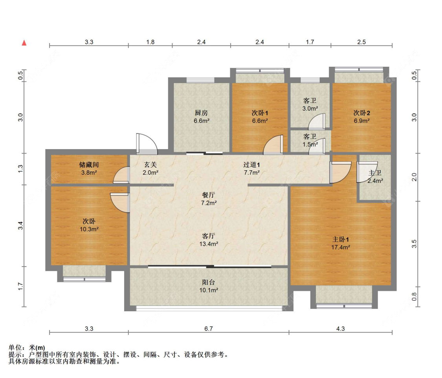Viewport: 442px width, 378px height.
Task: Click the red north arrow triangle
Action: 24,43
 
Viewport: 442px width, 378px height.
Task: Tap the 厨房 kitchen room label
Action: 201,113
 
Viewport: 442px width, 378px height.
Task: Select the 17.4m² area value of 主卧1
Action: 341,247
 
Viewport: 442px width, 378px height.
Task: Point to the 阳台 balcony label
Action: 209,282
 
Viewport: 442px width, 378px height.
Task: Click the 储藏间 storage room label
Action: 89,164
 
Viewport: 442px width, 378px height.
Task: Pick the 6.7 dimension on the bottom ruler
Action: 209,329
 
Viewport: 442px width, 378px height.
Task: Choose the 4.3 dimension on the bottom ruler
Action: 341,329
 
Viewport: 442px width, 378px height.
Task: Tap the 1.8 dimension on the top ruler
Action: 150,42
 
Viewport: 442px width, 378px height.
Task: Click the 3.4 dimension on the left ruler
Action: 20,226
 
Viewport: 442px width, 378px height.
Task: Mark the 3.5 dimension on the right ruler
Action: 414,244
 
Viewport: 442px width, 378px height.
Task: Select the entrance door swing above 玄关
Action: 147,144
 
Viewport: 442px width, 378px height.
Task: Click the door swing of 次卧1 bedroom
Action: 273,145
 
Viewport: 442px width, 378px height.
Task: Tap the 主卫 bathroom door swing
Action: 367,172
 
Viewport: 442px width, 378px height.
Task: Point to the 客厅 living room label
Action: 209,236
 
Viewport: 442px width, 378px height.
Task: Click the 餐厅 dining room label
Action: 209,195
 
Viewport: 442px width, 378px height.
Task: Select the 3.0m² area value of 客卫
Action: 310,108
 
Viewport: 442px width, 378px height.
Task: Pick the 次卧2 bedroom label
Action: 362,113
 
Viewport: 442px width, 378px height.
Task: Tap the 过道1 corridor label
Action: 251,164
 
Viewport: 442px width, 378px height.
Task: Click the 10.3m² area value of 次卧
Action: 89,229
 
